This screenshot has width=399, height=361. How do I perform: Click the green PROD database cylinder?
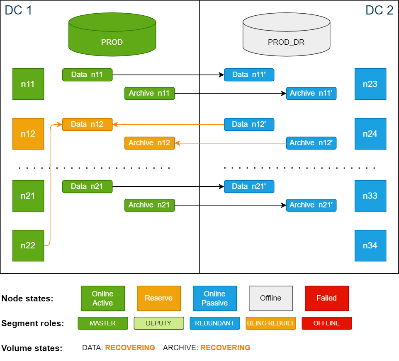tap(112, 35)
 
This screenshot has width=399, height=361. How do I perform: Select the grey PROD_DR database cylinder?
tap(286, 35)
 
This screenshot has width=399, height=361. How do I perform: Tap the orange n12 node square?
tap(28, 134)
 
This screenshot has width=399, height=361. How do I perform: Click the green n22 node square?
tap(28, 245)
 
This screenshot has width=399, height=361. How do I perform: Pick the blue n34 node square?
tap(370, 245)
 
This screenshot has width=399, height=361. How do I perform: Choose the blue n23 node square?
tap(370, 84)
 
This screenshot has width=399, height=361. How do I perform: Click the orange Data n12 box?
tap(87, 124)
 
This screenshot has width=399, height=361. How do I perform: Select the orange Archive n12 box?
tap(149, 143)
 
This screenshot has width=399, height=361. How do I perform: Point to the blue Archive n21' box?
tap(311, 205)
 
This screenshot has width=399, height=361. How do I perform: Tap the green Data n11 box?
tap(87, 75)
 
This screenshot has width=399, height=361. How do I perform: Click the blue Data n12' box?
tap(249, 124)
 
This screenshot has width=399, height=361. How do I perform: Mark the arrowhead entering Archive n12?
tap(178, 143)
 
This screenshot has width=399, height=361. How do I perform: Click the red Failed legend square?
tap(326, 298)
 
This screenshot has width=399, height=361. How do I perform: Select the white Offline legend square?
tap(270, 298)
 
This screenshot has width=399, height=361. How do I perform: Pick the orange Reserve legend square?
tap(159, 298)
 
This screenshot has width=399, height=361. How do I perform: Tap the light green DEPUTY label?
tap(159, 323)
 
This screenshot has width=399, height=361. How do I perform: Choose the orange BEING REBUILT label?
tap(270, 323)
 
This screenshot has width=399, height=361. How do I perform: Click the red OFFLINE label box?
tap(326, 323)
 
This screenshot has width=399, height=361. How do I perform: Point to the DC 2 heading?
tap(379, 10)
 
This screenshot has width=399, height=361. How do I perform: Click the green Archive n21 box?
tap(149, 205)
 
